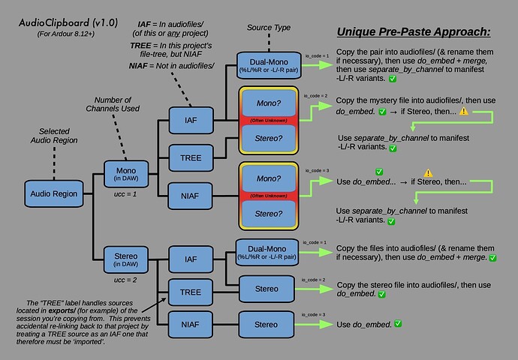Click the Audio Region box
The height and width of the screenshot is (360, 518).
point(54,193)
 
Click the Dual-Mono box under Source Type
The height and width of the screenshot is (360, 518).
point(267,66)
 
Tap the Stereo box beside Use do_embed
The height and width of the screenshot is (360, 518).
point(267,325)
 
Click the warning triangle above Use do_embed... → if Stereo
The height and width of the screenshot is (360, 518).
point(428,172)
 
